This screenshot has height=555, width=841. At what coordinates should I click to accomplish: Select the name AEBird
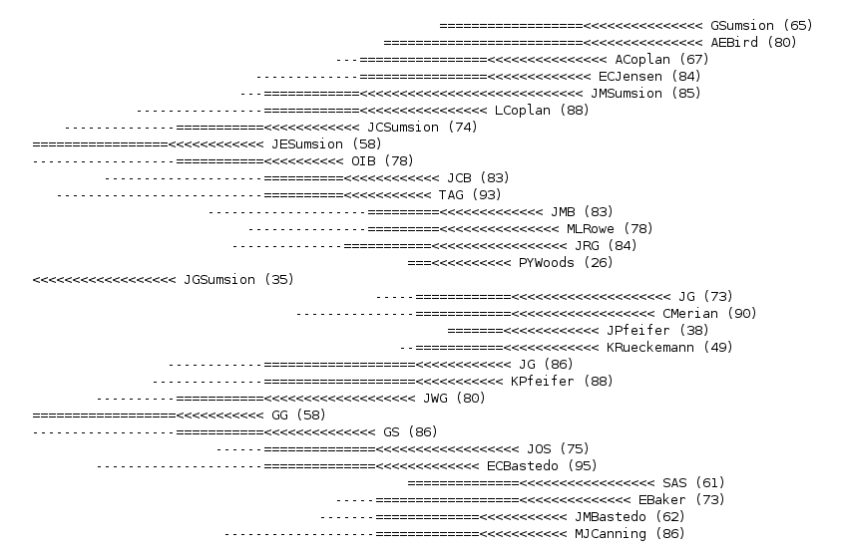tap(734, 42)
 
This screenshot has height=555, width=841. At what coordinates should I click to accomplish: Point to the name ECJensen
tap(633, 76)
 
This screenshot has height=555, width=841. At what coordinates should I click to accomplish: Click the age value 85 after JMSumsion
tap(685, 93)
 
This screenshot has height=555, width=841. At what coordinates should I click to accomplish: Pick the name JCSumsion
tap(403, 127)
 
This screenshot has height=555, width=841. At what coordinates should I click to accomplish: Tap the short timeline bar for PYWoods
tap(458, 263)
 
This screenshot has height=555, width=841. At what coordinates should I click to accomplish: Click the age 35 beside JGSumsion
tap(278, 279)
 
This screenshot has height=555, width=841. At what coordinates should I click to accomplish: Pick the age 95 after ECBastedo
tap(581, 465)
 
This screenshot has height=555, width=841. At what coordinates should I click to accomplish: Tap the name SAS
tap(674, 482)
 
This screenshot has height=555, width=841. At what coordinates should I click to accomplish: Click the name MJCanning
tap(610, 533)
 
